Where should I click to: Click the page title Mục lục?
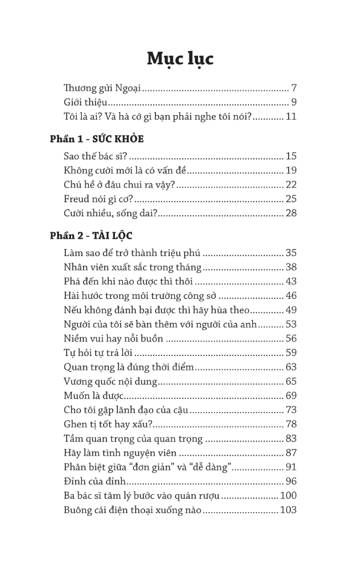[x=180, y=59]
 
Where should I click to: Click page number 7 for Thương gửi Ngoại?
[x=294, y=88]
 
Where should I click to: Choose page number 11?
[x=291, y=116]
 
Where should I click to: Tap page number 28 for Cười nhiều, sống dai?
[x=291, y=213]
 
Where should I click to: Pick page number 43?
[x=291, y=281]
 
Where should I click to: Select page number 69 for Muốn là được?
[x=291, y=396]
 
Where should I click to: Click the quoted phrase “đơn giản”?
[x=173, y=467]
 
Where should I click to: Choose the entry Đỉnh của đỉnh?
[x=95, y=481]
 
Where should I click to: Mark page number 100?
[x=289, y=496]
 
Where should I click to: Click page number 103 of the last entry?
[x=289, y=510]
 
